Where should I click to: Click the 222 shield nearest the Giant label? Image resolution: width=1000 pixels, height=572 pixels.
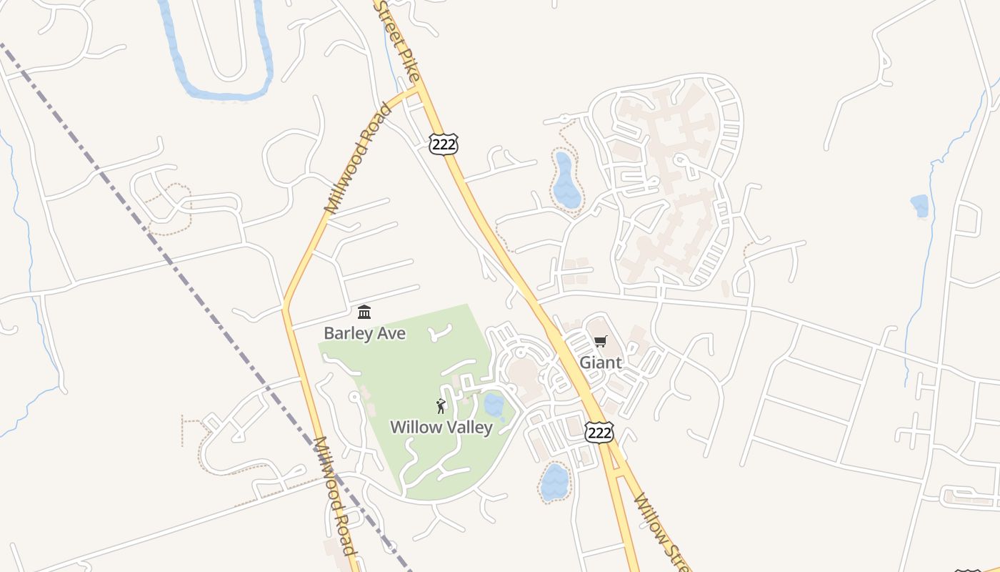click(x=599, y=432)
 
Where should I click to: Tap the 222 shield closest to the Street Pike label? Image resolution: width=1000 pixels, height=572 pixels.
click(x=444, y=144)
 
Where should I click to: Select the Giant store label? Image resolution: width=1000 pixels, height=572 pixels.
click(x=600, y=363)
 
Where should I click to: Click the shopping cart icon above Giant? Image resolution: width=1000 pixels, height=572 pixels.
click(x=600, y=342)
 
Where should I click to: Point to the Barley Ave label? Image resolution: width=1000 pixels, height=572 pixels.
click(x=364, y=333)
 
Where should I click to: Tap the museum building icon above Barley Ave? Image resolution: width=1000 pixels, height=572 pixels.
click(x=364, y=312)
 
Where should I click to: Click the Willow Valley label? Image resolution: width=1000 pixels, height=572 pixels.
click(x=441, y=428)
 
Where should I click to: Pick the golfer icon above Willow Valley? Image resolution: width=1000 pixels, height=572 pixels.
click(x=441, y=407)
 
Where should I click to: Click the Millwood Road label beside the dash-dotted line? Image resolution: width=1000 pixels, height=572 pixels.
click(x=334, y=496)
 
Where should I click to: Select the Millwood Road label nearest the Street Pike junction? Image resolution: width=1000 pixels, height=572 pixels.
click(x=359, y=159)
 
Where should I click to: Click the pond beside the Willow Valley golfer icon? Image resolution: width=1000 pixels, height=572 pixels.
click(x=494, y=405)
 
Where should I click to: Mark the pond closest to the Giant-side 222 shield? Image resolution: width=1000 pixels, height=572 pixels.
click(x=554, y=481)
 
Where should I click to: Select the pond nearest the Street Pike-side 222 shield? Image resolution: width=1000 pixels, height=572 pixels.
click(x=566, y=180)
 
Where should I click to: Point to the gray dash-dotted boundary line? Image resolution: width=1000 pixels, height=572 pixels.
click(x=179, y=272)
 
